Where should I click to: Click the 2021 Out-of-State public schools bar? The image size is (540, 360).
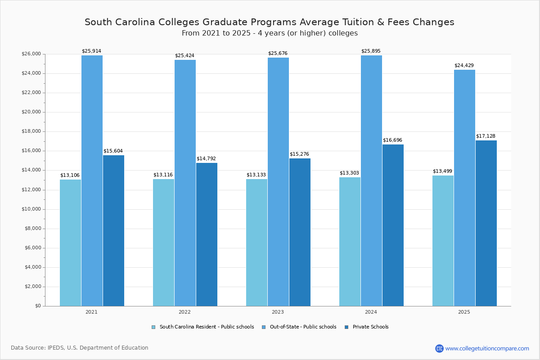(92, 180)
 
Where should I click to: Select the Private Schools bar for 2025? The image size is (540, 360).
(486, 223)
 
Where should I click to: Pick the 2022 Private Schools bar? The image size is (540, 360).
(207, 234)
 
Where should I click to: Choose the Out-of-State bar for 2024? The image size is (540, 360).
(371, 180)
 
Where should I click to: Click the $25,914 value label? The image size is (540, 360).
(91, 51)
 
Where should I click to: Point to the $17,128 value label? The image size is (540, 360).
(486, 136)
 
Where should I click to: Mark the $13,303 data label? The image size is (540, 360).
(349, 173)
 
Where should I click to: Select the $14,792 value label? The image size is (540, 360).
(206, 159)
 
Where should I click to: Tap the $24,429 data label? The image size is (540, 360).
(464, 66)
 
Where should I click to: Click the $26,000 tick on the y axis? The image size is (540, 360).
(31, 54)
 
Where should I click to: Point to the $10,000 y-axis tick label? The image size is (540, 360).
(31, 209)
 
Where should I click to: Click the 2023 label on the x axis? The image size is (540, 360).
(278, 312)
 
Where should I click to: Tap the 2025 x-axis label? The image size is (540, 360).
(464, 312)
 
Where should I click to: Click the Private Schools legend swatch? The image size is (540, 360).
(346, 327)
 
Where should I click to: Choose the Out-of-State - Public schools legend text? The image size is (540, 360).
(303, 327)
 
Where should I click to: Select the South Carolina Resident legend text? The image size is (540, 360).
(207, 327)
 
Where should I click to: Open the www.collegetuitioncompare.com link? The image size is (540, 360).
(487, 348)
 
